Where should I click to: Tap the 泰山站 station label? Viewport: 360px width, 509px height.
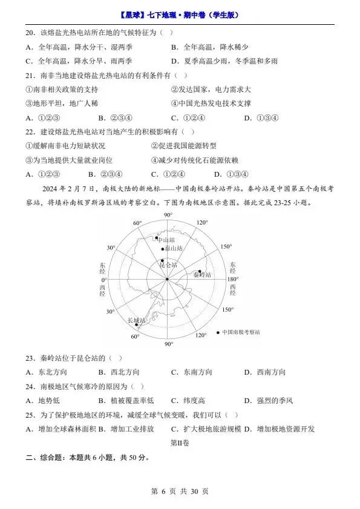[x=173, y=249]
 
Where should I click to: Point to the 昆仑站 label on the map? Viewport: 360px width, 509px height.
[x=168, y=265]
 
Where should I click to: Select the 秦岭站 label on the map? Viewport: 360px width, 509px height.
[x=202, y=275]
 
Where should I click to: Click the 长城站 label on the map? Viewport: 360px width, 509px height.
[x=136, y=320]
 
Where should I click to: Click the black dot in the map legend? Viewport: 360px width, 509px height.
[x=217, y=332]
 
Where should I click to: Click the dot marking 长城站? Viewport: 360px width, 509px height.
[x=128, y=325]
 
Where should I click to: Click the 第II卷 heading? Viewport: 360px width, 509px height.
[x=180, y=443]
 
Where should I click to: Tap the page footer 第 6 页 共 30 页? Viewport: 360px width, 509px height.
[x=180, y=491]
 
